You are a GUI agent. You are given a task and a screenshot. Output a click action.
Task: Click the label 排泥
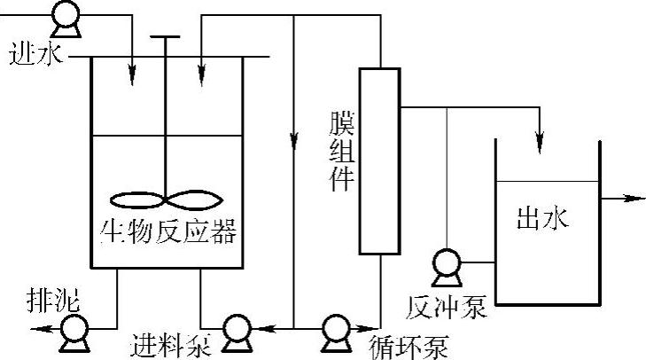(x=52, y=303)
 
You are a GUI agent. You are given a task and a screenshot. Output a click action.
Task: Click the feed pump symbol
(x=236, y=331)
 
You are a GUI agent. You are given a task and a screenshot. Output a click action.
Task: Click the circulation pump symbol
(x=336, y=331)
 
